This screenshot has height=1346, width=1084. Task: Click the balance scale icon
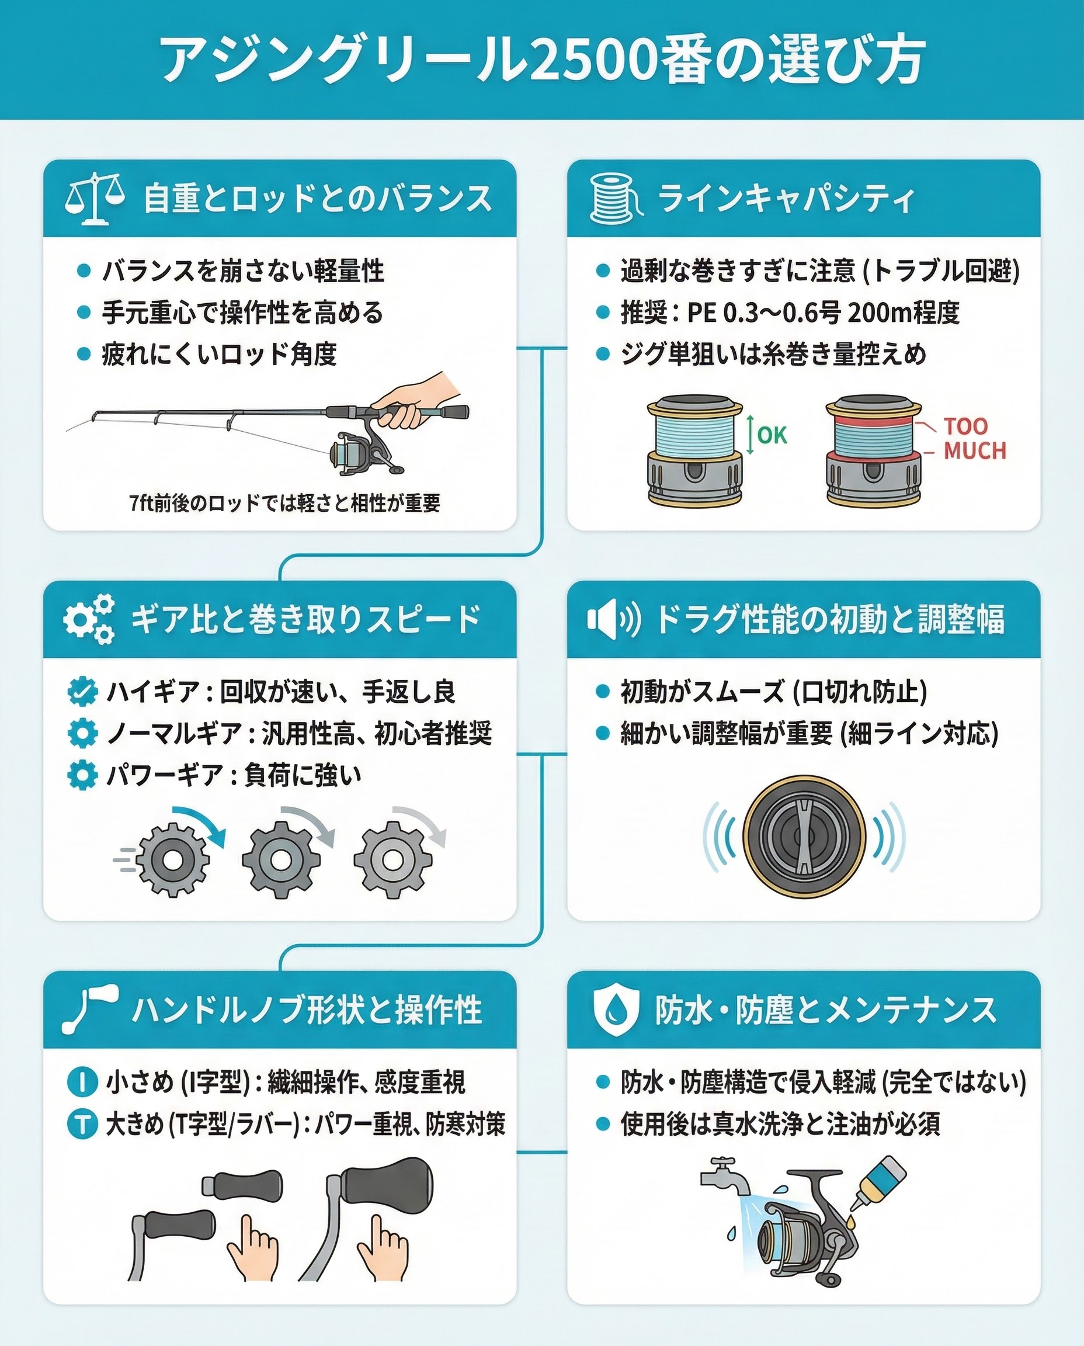95,199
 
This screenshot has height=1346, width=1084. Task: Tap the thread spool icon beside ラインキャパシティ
616,199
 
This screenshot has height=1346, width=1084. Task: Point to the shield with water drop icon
616,1011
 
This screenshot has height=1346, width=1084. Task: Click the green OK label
772,435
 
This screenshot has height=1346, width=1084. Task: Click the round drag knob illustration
804,837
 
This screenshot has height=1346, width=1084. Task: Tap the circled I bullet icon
82,1082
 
